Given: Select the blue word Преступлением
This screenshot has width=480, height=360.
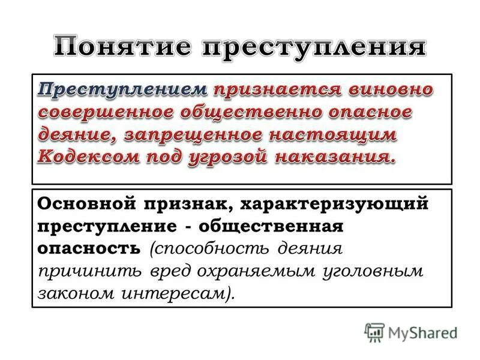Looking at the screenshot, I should click(x=123, y=90).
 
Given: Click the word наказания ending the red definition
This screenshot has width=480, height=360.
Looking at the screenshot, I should click(x=339, y=157).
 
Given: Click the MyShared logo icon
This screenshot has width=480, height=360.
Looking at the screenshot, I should click(x=374, y=332).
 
